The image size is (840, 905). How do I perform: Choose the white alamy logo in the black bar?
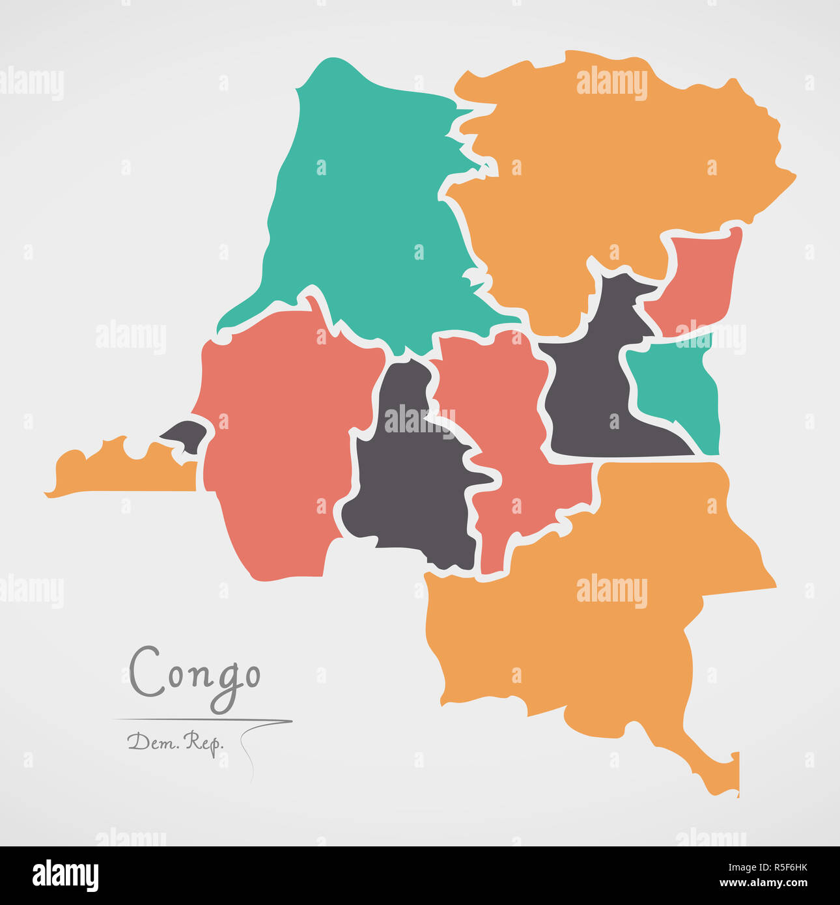pyautogui.click(x=65, y=876)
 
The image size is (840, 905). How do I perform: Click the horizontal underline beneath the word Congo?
pyautogui.click(x=202, y=720)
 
